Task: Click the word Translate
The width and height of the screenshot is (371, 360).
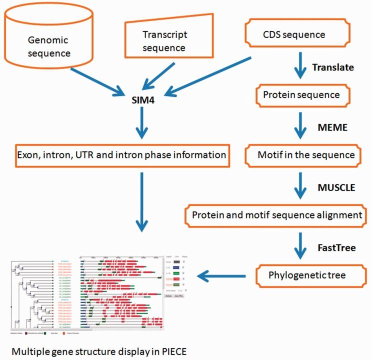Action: point(333,66)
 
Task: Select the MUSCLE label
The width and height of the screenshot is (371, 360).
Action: point(335,188)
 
